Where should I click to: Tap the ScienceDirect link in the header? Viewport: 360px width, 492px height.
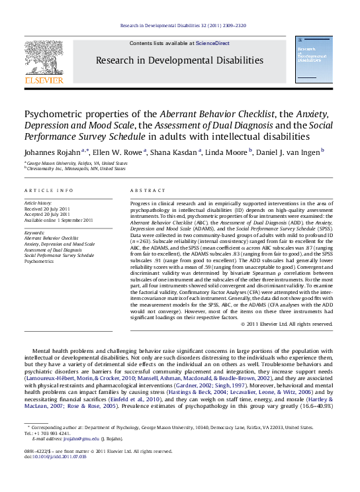coord(212,43)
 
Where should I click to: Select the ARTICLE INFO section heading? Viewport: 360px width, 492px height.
coord(49,190)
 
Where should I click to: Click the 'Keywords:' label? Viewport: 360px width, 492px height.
coord(34,233)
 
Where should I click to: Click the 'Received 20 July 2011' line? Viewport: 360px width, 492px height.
coord(48,209)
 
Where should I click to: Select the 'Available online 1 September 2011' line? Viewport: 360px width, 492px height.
coord(58,220)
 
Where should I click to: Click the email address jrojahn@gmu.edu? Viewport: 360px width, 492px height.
coord(77,456)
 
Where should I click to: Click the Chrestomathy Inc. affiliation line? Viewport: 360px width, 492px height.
coord(76,168)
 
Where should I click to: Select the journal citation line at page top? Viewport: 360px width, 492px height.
coord(183,26)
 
